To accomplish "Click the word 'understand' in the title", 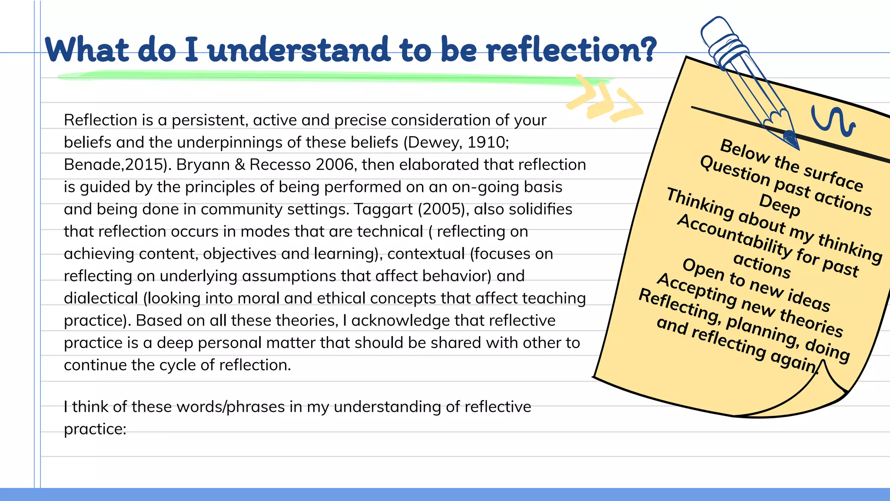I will pyautogui.click(x=299, y=50).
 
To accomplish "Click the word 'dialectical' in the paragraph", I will pyautogui.click(x=101, y=298).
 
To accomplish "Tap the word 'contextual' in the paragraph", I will pyautogui.click(x=426, y=254).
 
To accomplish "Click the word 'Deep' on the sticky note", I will pyautogui.click(x=779, y=205).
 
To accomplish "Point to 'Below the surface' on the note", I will pyautogui.click(x=791, y=165).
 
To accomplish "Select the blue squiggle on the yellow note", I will pyautogui.click(x=832, y=121).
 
